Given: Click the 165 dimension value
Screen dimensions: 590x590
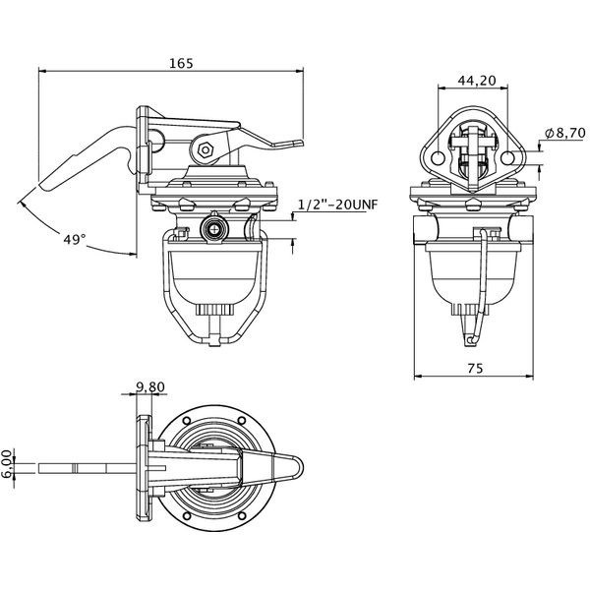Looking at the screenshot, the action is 181,63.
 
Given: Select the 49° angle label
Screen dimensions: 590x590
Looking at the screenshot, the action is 74,239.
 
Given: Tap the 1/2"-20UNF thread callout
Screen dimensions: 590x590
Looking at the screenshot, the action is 337,205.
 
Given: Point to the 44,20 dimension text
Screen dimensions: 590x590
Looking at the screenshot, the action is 477,81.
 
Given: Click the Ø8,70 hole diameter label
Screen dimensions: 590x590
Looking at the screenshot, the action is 565,133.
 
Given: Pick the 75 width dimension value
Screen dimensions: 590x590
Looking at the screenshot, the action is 475,369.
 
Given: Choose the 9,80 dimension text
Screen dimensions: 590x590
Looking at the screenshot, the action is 150,386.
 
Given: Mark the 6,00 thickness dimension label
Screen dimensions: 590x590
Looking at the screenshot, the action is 8,463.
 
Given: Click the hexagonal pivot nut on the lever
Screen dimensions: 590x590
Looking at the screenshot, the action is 206,150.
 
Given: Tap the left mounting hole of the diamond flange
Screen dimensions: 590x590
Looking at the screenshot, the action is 439,157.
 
